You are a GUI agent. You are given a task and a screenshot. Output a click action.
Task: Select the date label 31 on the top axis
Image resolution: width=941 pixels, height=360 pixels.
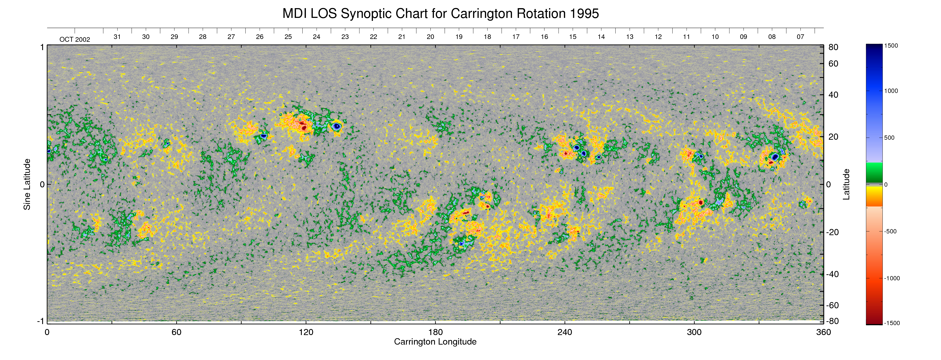click(x=117, y=37)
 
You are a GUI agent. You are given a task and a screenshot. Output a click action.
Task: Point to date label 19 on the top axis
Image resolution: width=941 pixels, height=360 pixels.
click(x=459, y=37)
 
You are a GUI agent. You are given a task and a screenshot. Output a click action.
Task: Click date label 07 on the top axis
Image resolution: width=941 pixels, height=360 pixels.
click(x=800, y=37)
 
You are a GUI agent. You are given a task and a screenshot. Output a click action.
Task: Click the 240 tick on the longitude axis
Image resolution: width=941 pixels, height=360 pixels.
click(x=565, y=332)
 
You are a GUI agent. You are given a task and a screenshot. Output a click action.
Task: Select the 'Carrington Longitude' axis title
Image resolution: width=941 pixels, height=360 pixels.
click(x=435, y=342)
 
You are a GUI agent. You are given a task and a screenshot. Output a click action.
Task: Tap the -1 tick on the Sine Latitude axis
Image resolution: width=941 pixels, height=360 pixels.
click(x=41, y=321)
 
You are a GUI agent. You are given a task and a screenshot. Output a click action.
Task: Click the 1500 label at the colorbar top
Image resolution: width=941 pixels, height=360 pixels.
click(x=891, y=46)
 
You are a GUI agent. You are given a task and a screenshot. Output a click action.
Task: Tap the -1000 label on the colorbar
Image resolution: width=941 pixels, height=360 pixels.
click(x=892, y=278)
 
